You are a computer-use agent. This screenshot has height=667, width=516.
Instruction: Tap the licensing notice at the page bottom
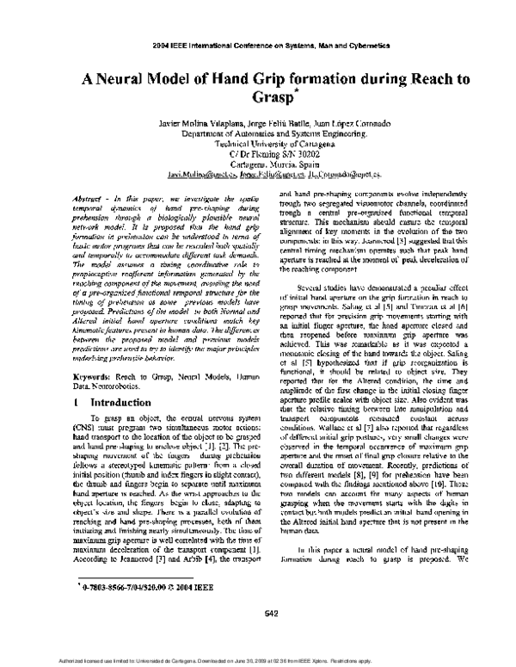(258, 661)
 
